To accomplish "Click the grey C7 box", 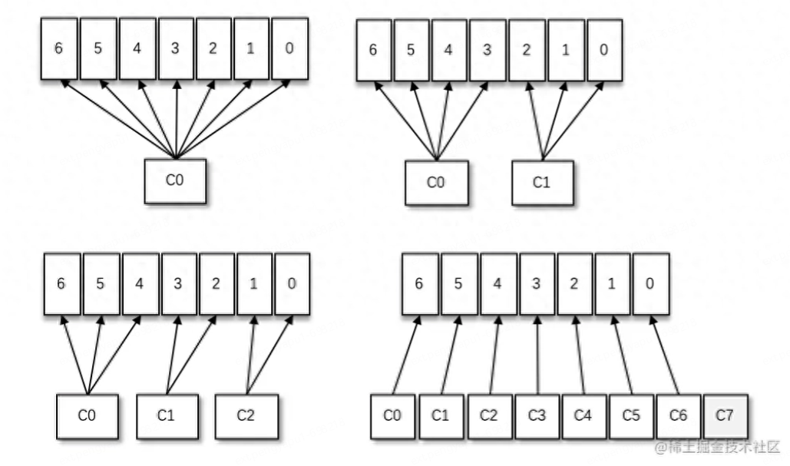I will (x=724, y=416).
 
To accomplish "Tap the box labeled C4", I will (x=583, y=416).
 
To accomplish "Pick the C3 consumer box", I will (x=537, y=416).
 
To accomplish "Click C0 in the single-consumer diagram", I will (x=175, y=182).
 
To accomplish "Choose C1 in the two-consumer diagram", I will (x=543, y=182).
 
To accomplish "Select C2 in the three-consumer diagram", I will (x=246, y=416).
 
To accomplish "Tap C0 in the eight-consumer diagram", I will (x=393, y=416).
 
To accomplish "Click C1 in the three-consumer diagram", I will (x=167, y=416).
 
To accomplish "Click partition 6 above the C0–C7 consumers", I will (x=419, y=283).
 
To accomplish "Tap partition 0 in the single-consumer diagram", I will (x=289, y=48).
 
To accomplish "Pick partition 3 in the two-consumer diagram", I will (x=487, y=50).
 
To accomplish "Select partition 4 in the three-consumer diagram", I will (x=140, y=283).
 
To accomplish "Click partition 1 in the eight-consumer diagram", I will (x=613, y=283).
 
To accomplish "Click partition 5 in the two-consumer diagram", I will (x=412, y=50).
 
